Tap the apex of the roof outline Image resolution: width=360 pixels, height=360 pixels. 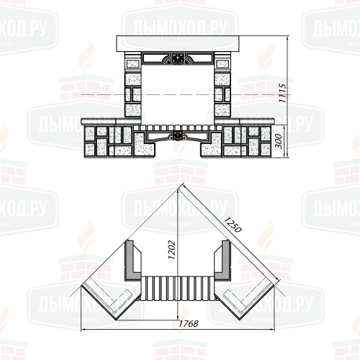coord(179,186)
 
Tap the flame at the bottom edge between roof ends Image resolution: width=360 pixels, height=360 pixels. coord(180,320)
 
